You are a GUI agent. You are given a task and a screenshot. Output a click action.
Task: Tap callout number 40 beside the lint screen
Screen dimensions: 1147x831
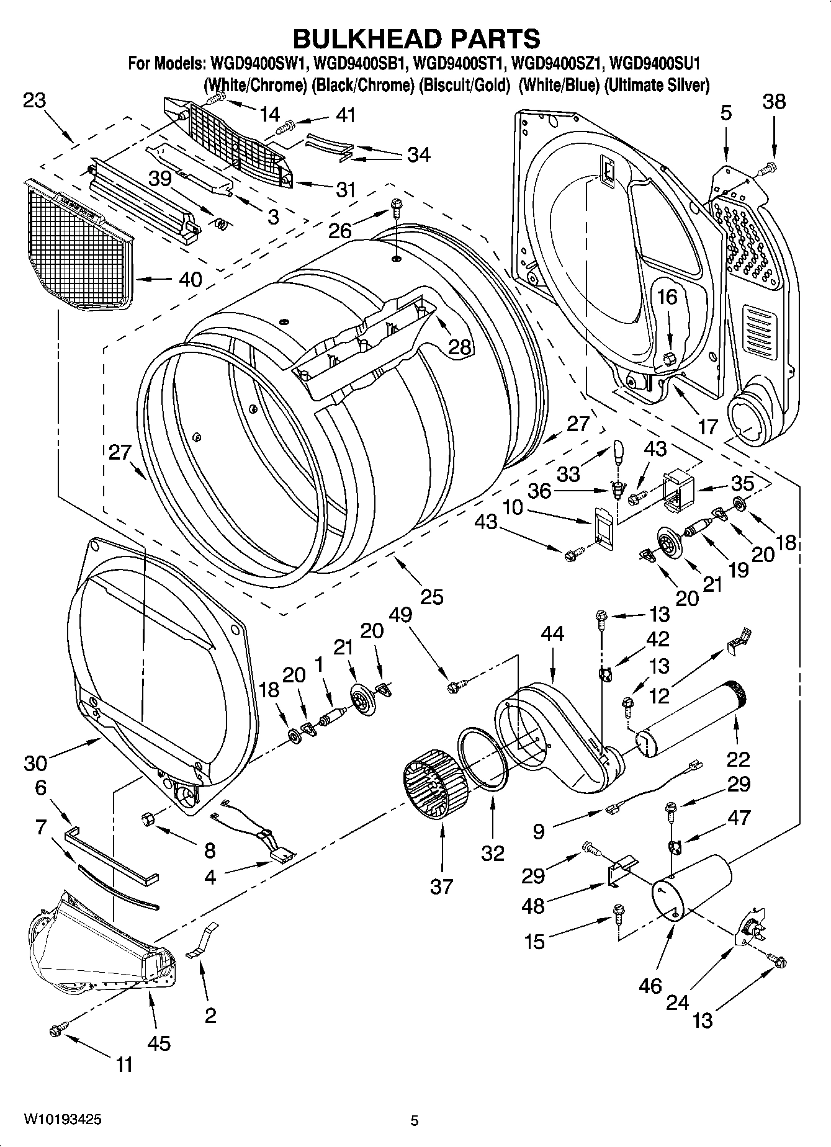[190, 279]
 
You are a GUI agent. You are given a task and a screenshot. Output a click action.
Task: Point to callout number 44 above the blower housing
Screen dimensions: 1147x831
[552, 633]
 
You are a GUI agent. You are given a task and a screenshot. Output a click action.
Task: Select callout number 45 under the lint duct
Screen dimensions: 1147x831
[159, 1043]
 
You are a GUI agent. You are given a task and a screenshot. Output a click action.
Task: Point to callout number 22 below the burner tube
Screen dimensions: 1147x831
[739, 759]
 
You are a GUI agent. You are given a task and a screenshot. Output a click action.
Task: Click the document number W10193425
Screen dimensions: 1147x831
[63, 1120]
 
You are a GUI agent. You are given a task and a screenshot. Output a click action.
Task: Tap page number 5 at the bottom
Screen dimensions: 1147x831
[415, 1120]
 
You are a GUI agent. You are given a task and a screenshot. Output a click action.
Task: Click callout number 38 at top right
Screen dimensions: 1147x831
[773, 101]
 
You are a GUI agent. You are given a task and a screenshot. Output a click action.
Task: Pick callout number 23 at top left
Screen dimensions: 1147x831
[35, 100]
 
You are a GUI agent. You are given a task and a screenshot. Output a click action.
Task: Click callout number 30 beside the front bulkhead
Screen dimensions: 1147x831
[35, 762]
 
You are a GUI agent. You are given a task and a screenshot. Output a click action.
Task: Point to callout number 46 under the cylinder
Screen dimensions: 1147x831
[650, 985]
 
